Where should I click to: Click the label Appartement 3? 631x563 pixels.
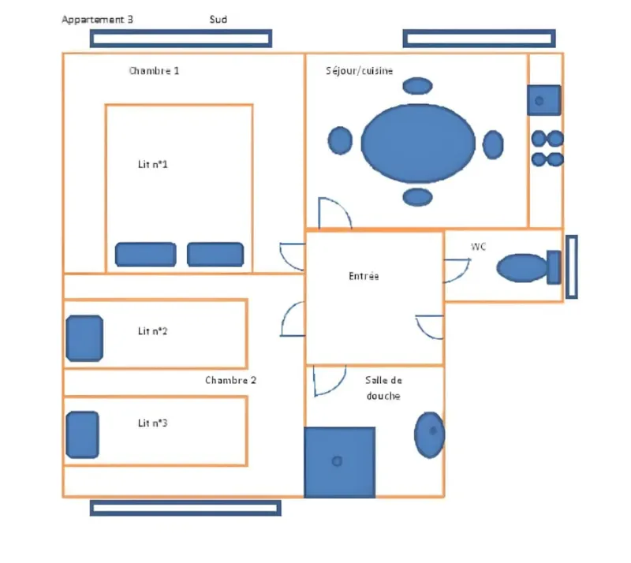[x=97, y=20]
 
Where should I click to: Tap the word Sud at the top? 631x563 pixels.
[x=218, y=20]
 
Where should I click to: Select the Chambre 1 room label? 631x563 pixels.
[x=154, y=71]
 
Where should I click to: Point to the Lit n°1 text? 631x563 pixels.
[x=153, y=165]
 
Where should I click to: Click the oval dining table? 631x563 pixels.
[x=418, y=143]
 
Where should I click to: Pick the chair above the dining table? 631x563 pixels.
[x=418, y=85]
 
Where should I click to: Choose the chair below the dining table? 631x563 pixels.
[x=418, y=196]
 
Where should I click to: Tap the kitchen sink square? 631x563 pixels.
[x=543, y=100]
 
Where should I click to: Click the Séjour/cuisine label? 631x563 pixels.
[x=360, y=71]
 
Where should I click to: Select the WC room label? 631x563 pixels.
[x=478, y=248]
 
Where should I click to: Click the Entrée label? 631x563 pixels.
[x=364, y=277]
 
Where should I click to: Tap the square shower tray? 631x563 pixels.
[x=339, y=461]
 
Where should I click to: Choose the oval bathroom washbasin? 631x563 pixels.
[x=430, y=434]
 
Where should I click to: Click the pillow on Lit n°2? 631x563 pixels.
[x=84, y=338]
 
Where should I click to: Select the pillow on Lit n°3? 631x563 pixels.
[x=82, y=434]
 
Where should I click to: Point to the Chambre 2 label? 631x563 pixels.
[x=230, y=380]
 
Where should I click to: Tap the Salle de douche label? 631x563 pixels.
[x=383, y=387]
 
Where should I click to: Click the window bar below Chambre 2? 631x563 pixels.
[x=185, y=508]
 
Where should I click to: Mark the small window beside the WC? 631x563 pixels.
[x=572, y=267]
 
